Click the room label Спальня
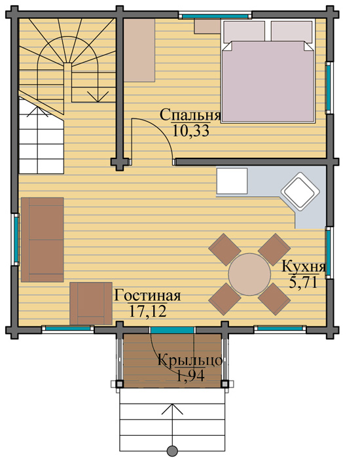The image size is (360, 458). [190, 116]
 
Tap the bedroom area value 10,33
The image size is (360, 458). [191, 131]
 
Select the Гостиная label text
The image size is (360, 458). [147, 296]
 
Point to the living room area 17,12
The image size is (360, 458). [147, 311]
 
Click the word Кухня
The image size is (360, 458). [304, 267]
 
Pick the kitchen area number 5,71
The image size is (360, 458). [303, 282]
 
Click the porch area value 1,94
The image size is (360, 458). [190, 376]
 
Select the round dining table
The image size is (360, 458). [249, 274]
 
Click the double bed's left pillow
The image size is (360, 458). [244, 31]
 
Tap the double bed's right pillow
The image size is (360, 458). [292, 31]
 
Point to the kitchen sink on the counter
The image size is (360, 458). [300, 191]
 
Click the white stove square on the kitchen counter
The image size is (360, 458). [232, 181]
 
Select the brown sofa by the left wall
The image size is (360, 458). [43, 240]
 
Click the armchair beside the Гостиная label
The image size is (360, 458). [91, 304]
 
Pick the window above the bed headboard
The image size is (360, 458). [215, 16]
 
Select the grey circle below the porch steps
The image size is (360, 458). [172, 451]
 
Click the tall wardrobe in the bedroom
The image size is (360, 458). [139, 50]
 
